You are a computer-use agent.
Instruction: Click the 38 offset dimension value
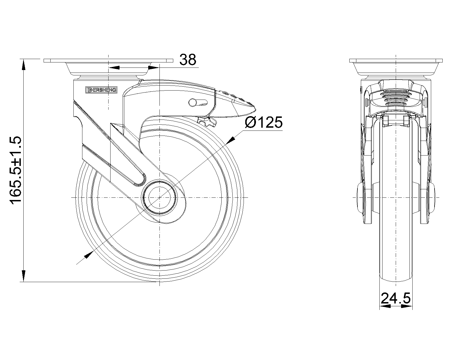(188, 60)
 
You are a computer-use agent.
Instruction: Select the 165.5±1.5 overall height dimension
(16, 170)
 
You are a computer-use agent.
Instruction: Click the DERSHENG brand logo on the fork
(101, 90)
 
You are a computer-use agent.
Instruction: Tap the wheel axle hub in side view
(159, 198)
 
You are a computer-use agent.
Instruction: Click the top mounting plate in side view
(108, 60)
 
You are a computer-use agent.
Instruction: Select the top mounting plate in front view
(396, 60)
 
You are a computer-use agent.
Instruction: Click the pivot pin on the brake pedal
(193, 102)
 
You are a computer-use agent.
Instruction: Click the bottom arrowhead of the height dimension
(24, 276)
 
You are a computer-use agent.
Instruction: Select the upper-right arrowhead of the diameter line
(231, 140)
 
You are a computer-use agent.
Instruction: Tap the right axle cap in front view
(432, 198)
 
